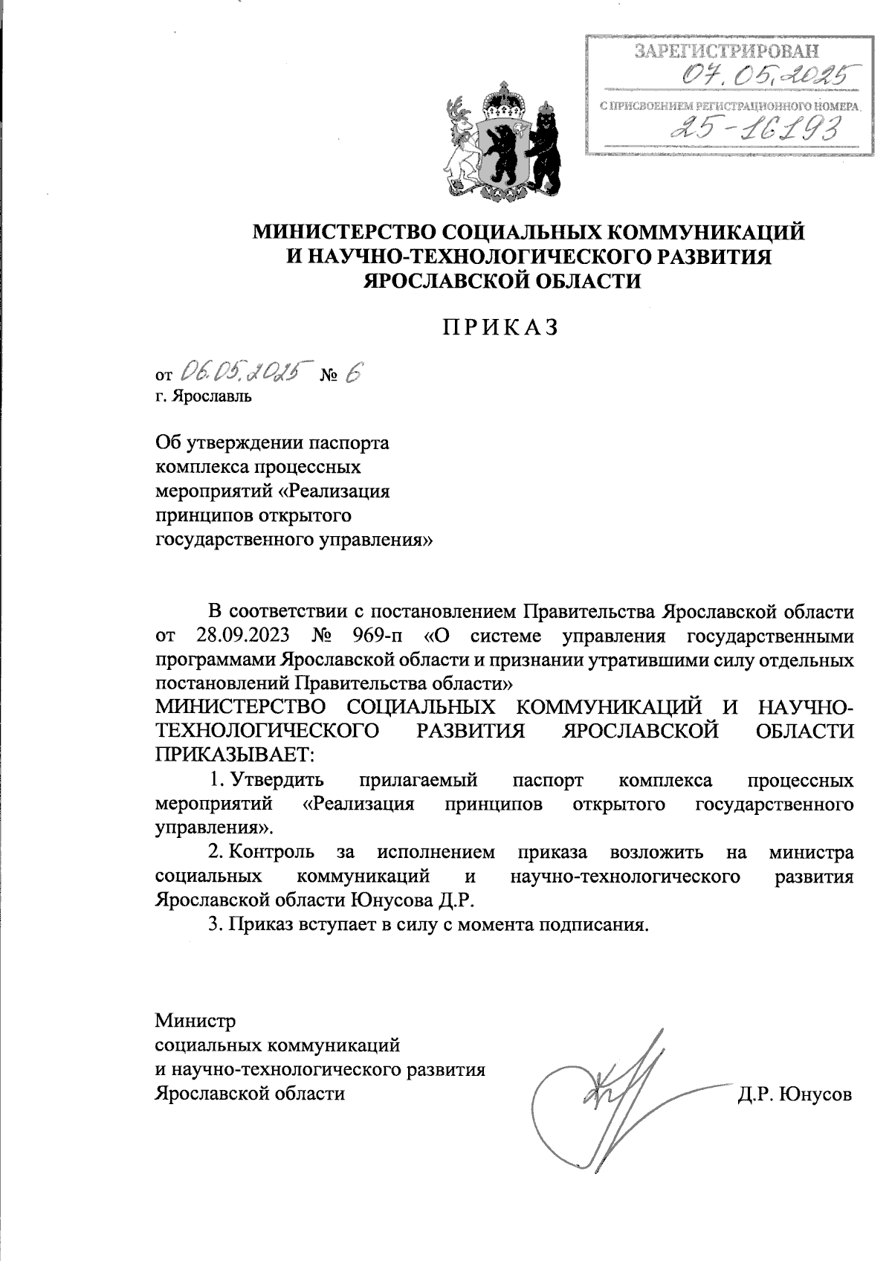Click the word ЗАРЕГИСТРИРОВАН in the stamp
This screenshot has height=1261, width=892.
click(x=727, y=51)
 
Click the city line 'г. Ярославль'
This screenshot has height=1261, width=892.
click(x=204, y=396)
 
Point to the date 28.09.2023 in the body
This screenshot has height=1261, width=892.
click(x=244, y=636)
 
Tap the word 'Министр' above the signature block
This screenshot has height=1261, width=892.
click(x=195, y=1021)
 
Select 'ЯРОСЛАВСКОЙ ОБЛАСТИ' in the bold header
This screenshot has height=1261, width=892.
click(x=500, y=281)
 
